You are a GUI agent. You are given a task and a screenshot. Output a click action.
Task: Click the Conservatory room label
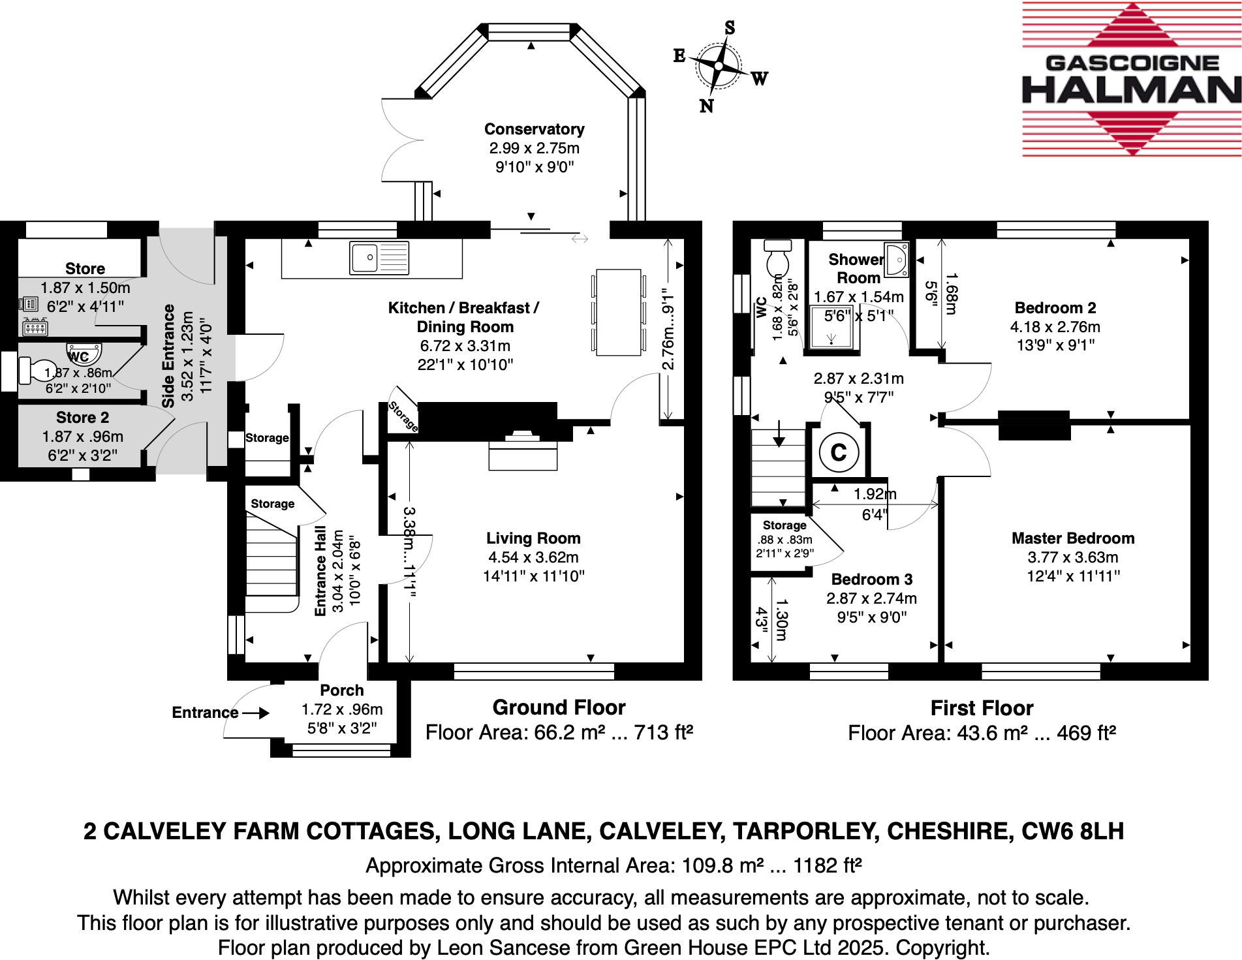(534, 129)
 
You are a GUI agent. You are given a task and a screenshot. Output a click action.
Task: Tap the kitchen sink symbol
(379, 258)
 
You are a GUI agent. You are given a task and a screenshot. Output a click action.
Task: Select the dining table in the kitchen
(618, 313)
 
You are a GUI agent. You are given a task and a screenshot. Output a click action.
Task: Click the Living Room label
(533, 538)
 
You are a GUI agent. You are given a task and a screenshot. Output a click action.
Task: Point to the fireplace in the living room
(522, 450)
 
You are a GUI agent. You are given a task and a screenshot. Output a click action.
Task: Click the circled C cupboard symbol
(839, 452)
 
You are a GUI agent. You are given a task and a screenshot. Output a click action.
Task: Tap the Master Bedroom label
(1073, 538)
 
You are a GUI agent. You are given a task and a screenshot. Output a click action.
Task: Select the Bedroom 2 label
(1055, 308)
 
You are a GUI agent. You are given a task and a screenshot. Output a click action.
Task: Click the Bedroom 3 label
(871, 580)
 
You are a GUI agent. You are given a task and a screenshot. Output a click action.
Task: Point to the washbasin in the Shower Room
(897, 259)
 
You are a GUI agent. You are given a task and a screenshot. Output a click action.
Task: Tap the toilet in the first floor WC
(777, 258)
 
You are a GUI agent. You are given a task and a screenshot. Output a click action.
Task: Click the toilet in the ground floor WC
(37, 370)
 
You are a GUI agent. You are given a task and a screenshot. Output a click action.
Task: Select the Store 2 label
(82, 418)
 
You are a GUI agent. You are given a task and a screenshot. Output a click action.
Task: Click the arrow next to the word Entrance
(256, 713)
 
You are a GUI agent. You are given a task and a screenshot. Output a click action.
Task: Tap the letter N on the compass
(706, 106)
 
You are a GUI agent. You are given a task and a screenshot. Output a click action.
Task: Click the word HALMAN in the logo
(1131, 90)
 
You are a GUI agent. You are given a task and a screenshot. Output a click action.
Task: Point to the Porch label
(341, 690)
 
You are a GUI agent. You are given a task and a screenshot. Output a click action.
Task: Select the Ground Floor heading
(559, 707)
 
